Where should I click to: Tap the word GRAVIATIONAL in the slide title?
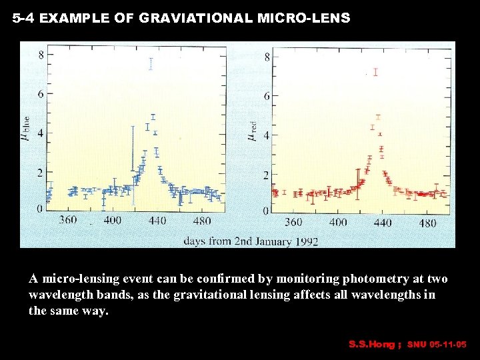click(195, 19)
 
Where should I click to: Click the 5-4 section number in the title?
click(23, 19)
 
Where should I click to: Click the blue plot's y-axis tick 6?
click(41, 94)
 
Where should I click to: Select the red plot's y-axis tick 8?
click(267, 57)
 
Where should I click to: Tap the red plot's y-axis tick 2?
click(267, 175)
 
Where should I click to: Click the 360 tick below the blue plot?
click(68, 220)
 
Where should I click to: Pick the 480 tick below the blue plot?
click(201, 221)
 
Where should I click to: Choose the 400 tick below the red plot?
click(338, 222)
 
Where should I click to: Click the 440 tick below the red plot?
click(382, 222)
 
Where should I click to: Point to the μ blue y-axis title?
click(27, 130)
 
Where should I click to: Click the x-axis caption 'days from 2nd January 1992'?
click(251, 241)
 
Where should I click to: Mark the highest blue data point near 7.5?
click(151, 63)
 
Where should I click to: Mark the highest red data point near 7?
click(376, 72)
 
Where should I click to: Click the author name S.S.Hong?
click(372, 345)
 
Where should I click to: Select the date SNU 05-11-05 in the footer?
click(437, 345)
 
